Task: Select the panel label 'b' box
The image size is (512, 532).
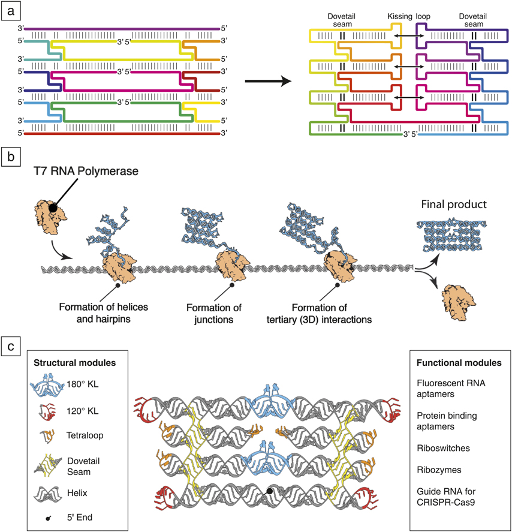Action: (11, 158)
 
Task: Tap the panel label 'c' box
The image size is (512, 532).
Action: (11, 346)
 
